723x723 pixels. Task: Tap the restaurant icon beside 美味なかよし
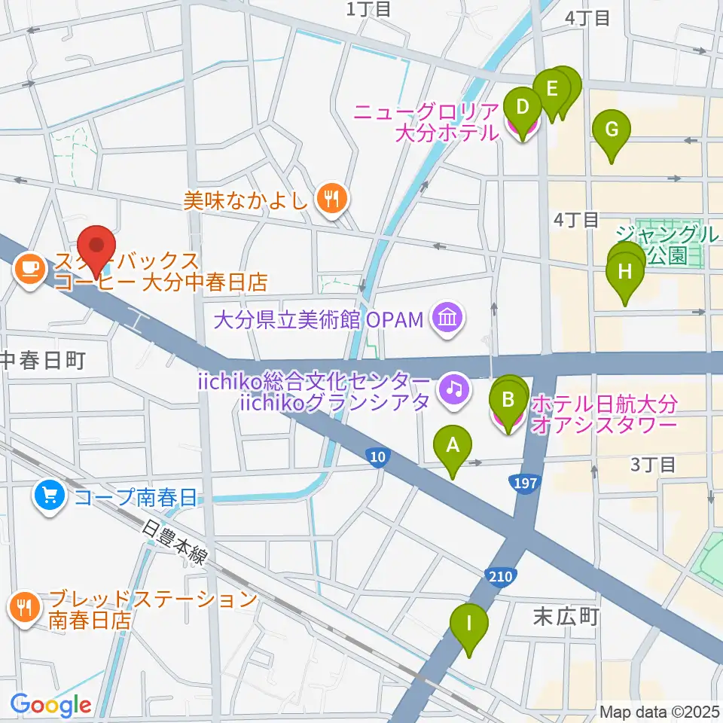331,200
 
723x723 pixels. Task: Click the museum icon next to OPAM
447,319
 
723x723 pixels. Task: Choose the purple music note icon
456,389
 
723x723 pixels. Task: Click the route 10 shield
378,456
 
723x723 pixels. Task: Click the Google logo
50,705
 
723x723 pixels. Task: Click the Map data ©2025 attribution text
660,711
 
